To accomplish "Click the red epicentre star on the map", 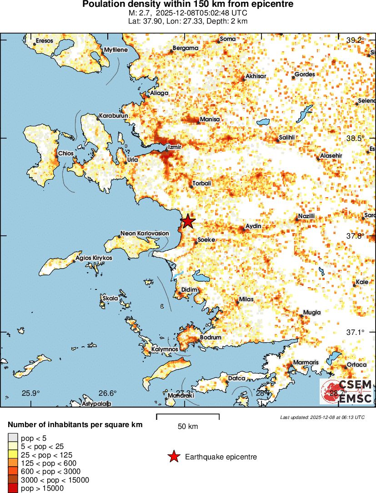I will coord(188,221).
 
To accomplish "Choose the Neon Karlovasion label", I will coord(144,234).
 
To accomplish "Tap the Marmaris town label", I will coord(306,362).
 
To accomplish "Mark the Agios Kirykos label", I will coord(94,258).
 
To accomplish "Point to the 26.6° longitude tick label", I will coord(108,393).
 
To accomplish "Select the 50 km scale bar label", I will coord(188,427).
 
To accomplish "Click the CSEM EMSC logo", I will coord(346,392).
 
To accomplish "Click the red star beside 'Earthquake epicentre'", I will coord(173,457).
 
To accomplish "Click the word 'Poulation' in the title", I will coord(103,4).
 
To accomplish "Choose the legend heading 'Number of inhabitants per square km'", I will coord(75,425).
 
